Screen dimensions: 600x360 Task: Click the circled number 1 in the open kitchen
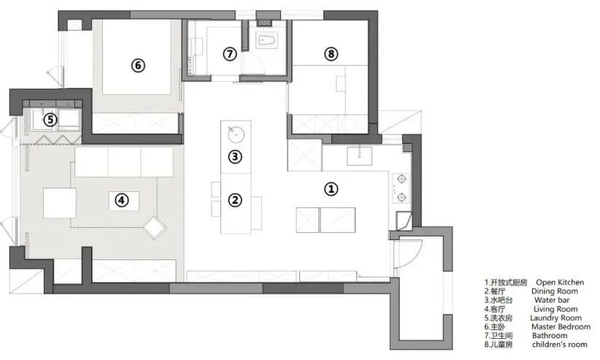tap(331, 189)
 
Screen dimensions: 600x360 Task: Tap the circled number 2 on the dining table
tap(235, 200)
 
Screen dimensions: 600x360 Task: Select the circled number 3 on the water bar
tap(235, 156)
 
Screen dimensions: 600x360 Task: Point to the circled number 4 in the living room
tap(121, 200)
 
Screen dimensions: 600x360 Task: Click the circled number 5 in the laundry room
tap(50, 120)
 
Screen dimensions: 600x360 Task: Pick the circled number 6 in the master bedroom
tap(138, 65)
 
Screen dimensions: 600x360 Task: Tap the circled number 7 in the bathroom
tap(230, 54)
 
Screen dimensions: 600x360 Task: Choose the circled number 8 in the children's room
tap(331, 53)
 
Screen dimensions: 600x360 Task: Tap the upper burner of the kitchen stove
tap(401, 178)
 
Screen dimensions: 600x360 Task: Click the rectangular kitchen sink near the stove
tap(359, 156)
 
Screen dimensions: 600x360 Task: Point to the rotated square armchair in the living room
tap(155, 228)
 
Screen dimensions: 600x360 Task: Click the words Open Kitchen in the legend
tap(560, 283)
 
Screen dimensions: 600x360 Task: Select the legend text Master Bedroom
tap(561, 326)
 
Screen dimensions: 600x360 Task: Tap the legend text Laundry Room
tap(555, 318)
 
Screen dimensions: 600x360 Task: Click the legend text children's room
tap(559, 344)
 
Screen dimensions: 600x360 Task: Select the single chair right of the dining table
tap(256, 213)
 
